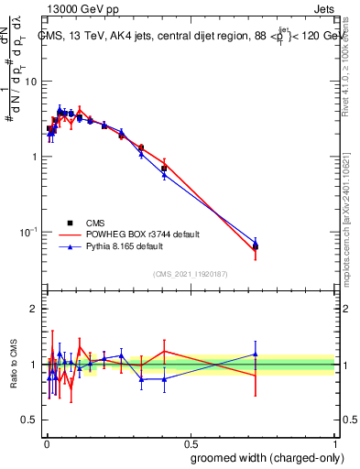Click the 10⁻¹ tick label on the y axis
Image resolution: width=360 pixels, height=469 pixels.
point(27,233)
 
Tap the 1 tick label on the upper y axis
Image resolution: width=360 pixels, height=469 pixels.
point(34,157)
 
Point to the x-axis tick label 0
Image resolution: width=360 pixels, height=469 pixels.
point(45,442)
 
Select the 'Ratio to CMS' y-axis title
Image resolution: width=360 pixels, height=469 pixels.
point(14,364)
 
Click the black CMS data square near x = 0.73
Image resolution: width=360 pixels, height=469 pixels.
point(256,246)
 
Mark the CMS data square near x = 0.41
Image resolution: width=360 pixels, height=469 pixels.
point(164,169)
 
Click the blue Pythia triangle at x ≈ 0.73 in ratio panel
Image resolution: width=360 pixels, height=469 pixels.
point(256,354)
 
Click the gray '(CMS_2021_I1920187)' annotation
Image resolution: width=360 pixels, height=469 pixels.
point(190,274)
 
